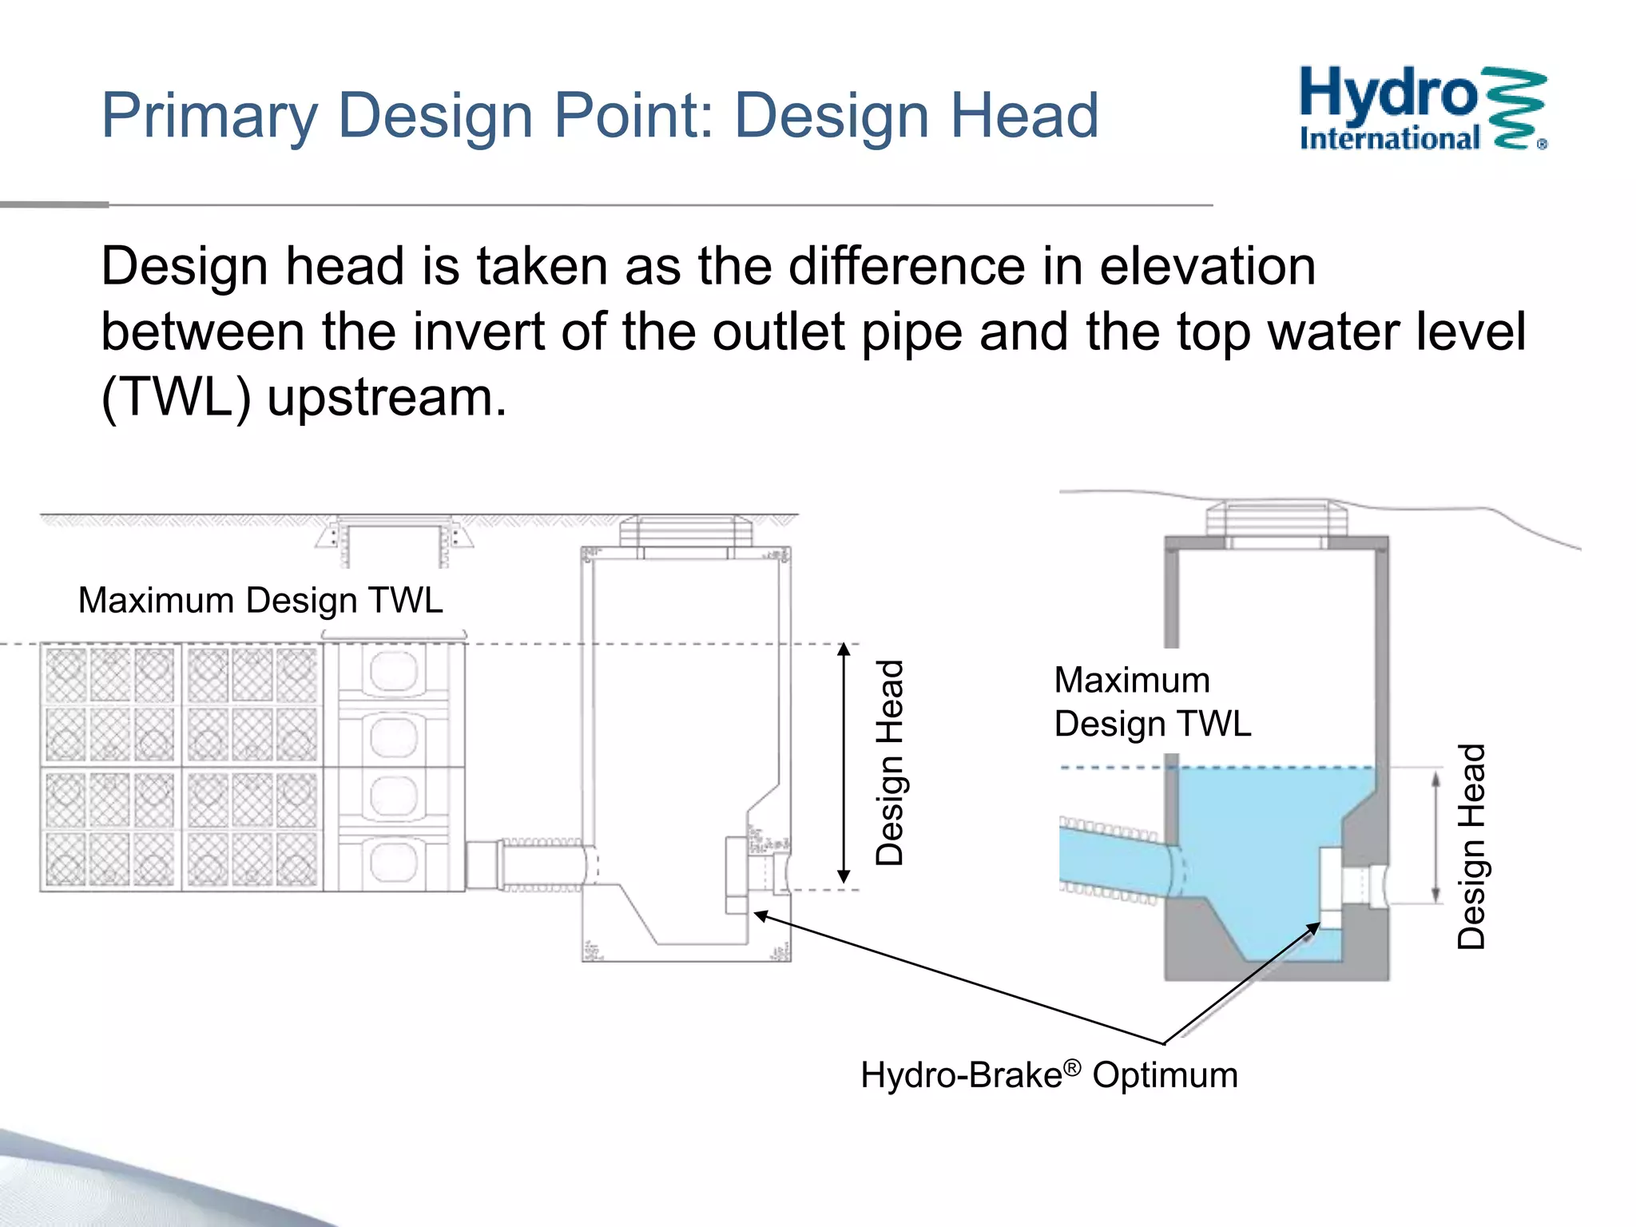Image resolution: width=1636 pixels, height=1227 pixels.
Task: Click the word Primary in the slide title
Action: pos(209,117)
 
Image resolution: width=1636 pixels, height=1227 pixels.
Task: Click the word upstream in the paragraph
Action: pos(386,397)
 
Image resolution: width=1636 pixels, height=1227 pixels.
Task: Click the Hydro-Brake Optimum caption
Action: pos(1049,1074)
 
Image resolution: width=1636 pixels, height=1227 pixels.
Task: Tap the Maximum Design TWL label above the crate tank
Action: pos(260,600)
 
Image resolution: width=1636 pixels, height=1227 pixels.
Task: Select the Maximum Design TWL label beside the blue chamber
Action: pos(1152,702)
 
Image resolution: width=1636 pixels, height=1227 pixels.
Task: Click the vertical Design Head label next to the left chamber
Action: pos(890,763)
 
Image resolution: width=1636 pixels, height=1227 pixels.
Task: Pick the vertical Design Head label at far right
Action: pos(1471,846)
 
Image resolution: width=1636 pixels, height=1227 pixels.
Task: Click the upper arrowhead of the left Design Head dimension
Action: pos(844,649)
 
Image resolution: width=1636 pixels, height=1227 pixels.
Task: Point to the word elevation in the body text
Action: pos(1207,266)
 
